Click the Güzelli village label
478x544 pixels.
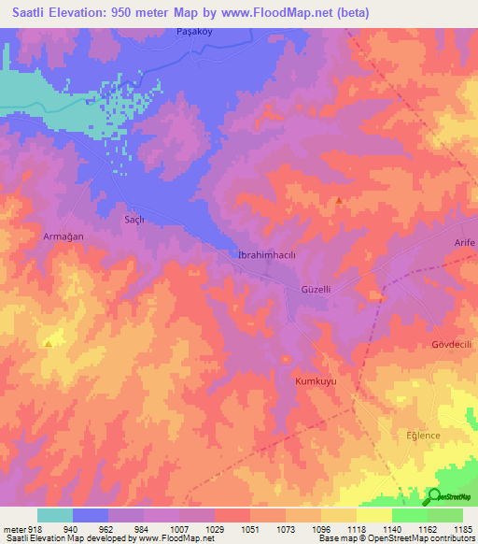pyautogui.click(x=316, y=290)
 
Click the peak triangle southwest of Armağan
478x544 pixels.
pyautogui.click(x=48, y=343)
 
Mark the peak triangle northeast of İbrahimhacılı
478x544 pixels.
pyautogui.click(x=339, y=200)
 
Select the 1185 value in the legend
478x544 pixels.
pyautogui.click(x=462, y=528)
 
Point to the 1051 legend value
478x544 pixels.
pyautogui.click(x=250, y=528)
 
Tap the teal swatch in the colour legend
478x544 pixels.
pyautogui.click(x=55, y=515)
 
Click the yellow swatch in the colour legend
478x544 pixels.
pyautogui.click(x=373, y=515)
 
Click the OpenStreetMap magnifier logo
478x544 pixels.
pyautogui.click(x=435, y=495)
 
